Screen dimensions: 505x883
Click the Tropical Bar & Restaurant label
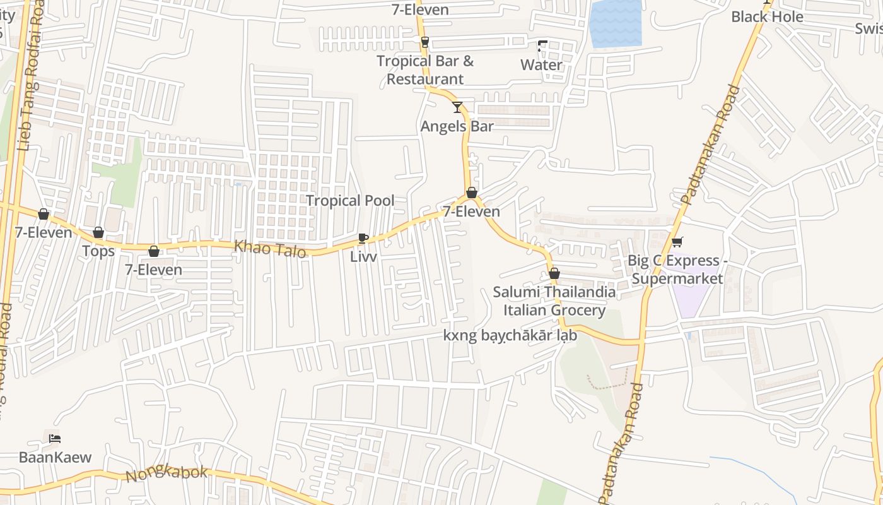[x=425, y=70]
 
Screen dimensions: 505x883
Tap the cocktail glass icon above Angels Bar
[x=457, y=107]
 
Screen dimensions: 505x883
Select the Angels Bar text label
[x=457, y=126]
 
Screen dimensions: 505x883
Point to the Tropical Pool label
[x=350, y=201]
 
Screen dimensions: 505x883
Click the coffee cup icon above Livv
[x=363, y=238]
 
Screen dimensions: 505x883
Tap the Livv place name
[x=363, y=257]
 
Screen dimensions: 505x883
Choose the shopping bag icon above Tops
[x=98, y=232]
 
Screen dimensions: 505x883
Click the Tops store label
[x=98, y=251]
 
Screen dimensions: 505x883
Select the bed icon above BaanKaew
[x=55, y=438]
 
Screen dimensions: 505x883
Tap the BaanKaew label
[x=55, y=457]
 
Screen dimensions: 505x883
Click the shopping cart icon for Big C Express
[x=677, y=242]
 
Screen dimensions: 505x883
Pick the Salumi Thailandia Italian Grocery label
[x=554, y=301]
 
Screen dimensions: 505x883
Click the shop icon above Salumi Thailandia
[x=554, y=273]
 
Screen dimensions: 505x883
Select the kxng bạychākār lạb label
[x=510, y=335]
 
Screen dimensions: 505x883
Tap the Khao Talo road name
[x=270, y=249]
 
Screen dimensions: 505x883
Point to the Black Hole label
[x=767, y=17]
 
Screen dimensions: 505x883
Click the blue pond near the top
[x=616, y=24]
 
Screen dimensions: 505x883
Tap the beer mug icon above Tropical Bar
[x=425, y=42]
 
